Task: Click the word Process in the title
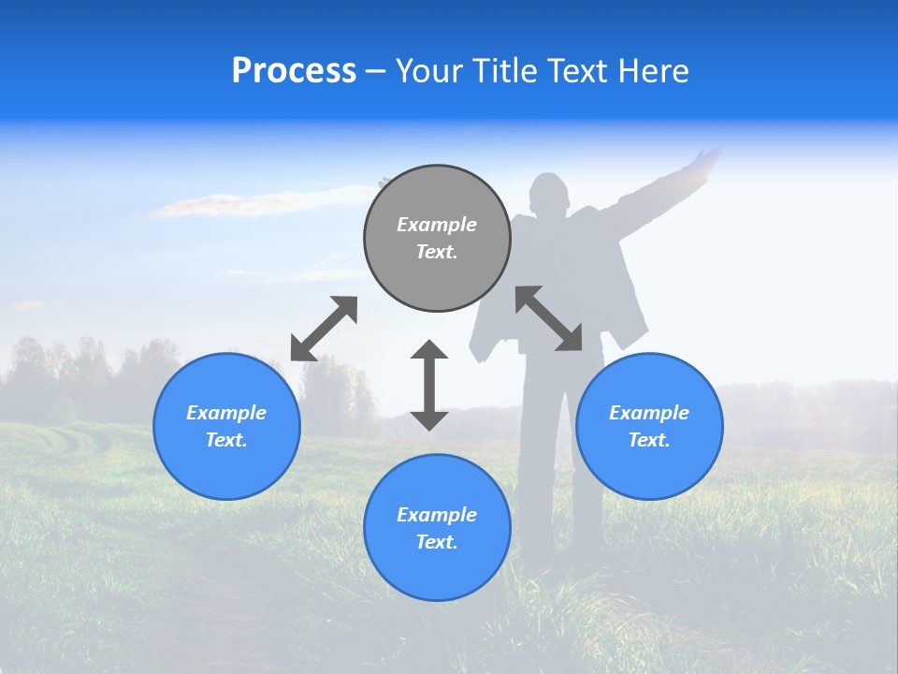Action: point(294,71)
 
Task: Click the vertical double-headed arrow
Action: point(429,385)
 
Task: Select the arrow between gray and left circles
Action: point(324,329)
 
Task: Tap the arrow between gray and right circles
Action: point(549,318)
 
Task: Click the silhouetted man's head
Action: point(549,194)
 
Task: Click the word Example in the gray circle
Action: point(437,225)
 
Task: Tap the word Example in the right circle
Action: point(649,413)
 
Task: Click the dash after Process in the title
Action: point(376,71)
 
